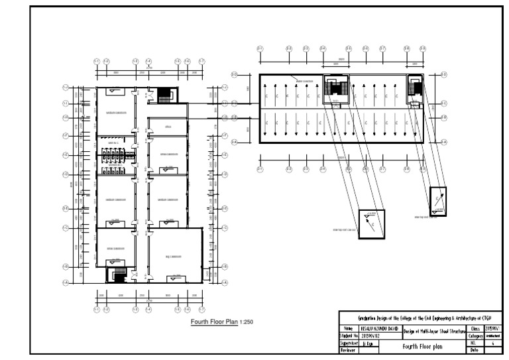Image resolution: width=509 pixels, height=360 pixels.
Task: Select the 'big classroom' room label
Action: [x=174, y=256]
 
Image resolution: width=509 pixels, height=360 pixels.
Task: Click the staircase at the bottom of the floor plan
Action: [x=120, y=274]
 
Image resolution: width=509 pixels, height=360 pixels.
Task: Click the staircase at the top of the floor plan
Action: [x=162, y=94]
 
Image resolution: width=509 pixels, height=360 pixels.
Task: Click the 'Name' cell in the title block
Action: [x=349, y=328]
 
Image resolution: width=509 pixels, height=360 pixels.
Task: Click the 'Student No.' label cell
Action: [x=349, y=336]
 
